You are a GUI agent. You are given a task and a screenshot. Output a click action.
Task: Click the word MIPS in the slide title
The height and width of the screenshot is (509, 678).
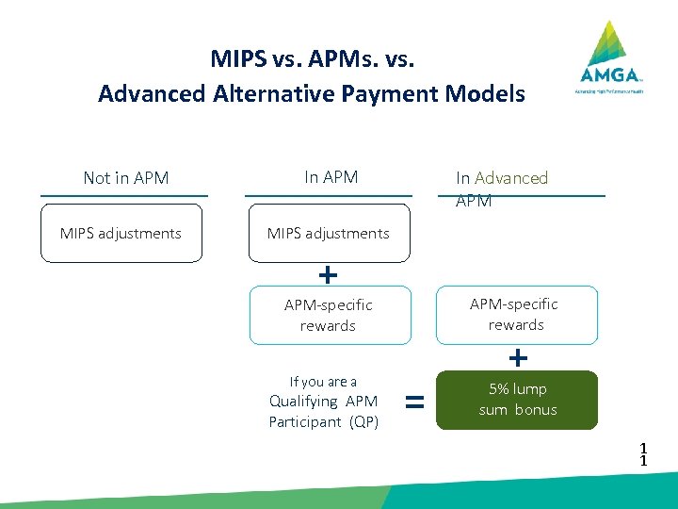[238, 59]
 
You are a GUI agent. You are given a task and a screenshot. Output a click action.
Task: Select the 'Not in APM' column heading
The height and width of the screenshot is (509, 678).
[125, 177]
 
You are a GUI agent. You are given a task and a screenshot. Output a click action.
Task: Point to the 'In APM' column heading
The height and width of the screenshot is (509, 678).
[331, 176]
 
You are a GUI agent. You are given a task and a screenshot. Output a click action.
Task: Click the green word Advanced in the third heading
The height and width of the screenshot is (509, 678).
[511, 177]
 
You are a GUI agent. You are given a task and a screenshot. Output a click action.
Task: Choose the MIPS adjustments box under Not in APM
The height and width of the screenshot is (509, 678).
[121, 233]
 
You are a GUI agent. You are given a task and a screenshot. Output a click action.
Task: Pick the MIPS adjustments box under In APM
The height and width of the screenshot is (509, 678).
[328, 233]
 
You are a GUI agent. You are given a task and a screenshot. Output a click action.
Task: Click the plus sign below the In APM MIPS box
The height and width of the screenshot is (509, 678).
[327, 274]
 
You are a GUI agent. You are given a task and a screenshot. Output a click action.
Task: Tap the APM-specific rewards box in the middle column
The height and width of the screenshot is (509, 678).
[329, 315]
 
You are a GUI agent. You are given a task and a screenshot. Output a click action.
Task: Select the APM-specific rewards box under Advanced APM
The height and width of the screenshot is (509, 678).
[515, 314]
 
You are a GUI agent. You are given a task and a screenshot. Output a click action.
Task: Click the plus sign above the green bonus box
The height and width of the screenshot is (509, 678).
[518, 357]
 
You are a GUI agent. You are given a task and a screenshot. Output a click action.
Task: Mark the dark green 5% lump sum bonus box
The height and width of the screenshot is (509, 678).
[517, 400]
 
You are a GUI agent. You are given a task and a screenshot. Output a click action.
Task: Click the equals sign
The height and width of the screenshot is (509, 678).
[412, 402]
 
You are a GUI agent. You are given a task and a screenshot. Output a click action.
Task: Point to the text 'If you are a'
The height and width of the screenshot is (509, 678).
[323, 382]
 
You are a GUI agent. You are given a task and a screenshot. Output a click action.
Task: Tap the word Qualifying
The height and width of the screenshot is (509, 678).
[303, 401]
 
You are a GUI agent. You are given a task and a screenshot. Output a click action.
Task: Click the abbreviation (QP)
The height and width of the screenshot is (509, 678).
[363, 421]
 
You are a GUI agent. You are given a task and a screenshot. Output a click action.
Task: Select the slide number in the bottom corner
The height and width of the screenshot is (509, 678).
[643, 454]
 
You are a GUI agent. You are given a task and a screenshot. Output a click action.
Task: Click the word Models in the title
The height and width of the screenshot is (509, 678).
[489, 94]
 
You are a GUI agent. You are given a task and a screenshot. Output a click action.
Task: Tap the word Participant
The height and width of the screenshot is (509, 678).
[305, 421]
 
